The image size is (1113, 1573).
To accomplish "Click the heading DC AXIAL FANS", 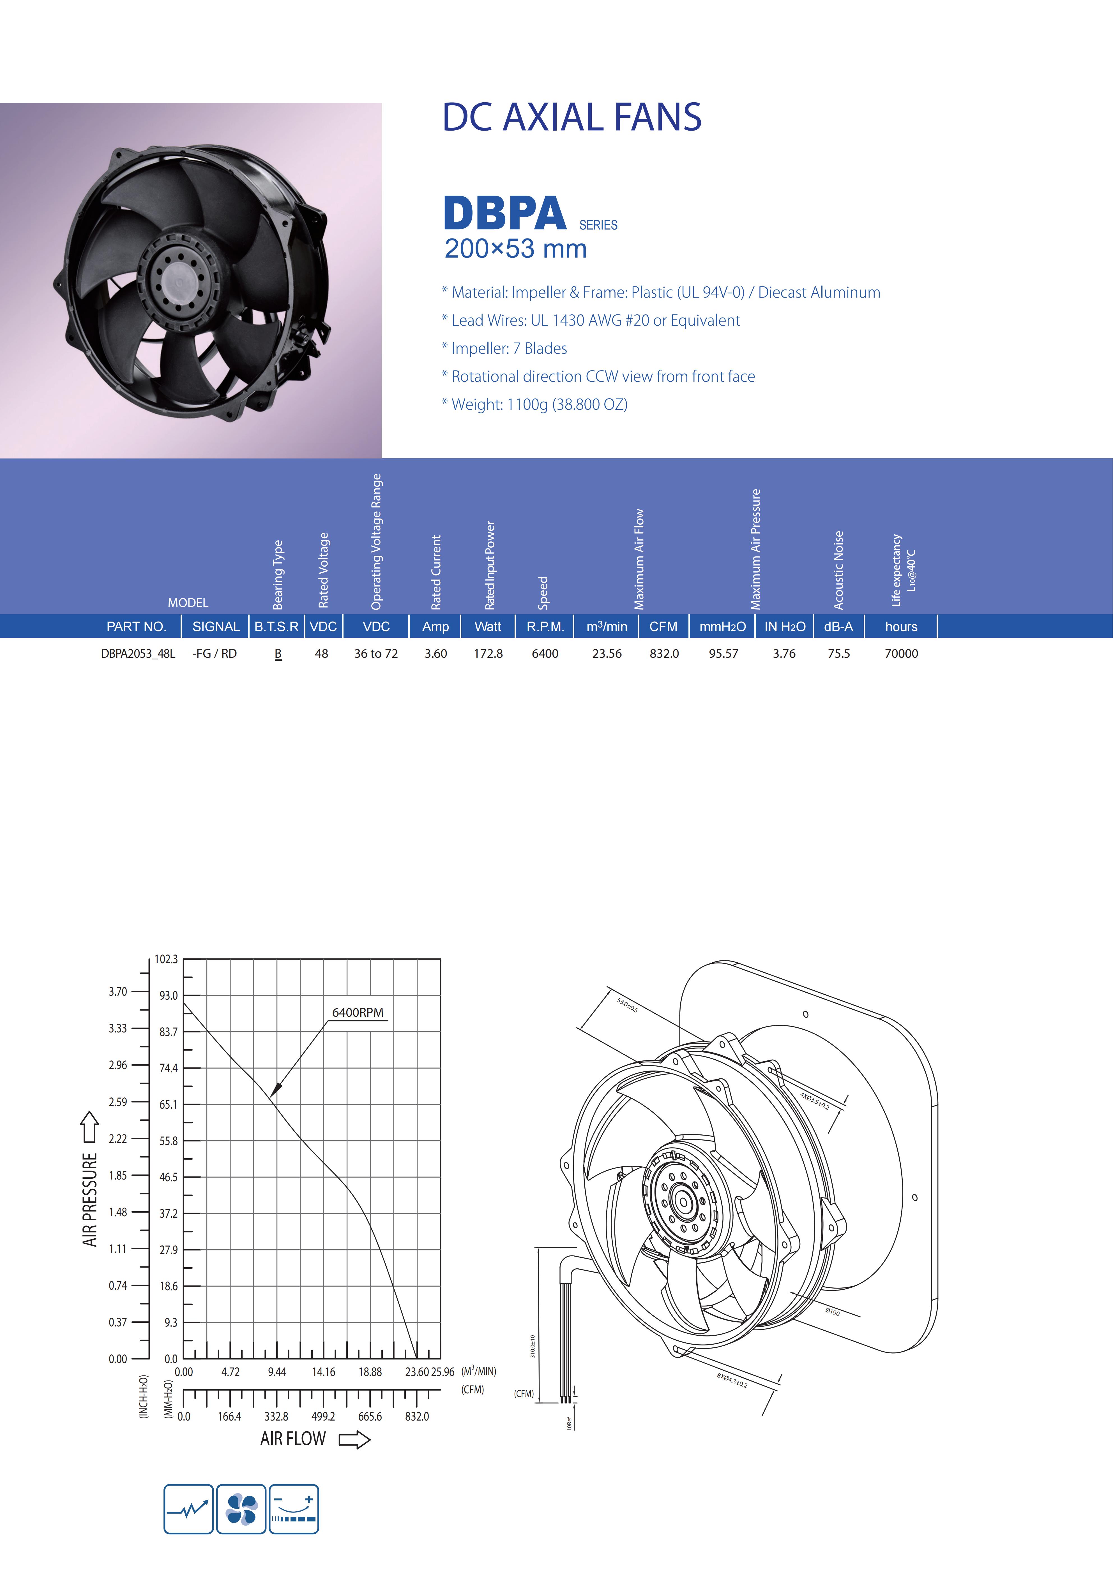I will [572, 117].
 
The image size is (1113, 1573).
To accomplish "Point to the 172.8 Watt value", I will [488, 654].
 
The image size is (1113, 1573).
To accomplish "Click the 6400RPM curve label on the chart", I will [358, 1013].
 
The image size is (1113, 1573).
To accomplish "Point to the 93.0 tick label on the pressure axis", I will [169, 995].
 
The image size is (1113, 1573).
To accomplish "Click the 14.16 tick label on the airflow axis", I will [324, 1372].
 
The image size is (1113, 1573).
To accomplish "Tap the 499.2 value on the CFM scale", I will [324, 1417].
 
